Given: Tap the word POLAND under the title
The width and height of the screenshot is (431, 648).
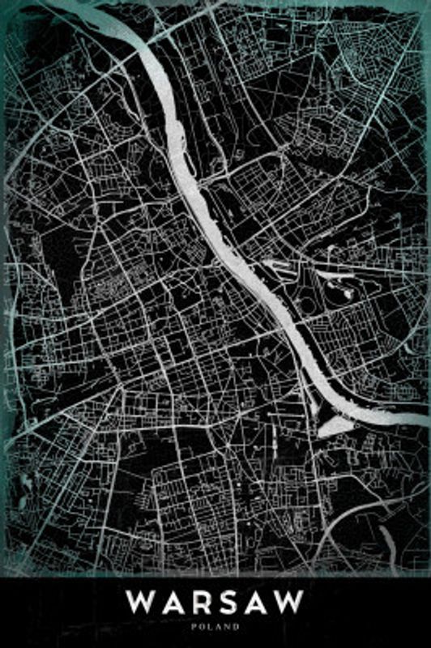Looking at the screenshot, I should click(215, 625).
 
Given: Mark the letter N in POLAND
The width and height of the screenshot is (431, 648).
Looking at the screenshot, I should click(228, 625).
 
